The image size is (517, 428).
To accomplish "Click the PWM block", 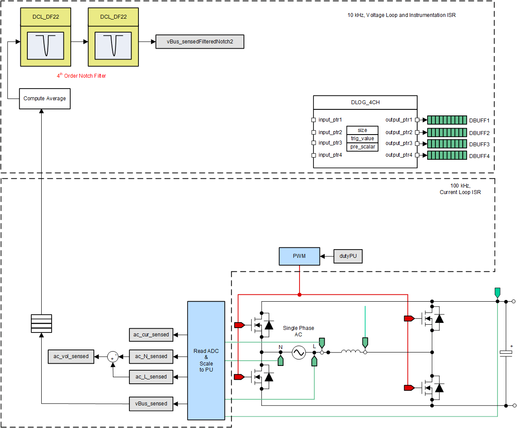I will [299, 256].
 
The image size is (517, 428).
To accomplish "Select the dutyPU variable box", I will [348, 256].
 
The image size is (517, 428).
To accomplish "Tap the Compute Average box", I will [45, 99].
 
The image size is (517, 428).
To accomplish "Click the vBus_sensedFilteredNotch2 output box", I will [200, 42].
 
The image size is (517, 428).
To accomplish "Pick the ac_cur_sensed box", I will [151, 335].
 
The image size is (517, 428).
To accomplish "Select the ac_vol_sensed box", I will [71, 356].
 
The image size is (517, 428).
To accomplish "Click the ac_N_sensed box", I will [151, 356].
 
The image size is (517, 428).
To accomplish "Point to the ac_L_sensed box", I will [151, 377].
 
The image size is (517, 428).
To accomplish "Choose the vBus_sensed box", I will [151, 404].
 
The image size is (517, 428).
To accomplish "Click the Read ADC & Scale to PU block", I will [206, 360].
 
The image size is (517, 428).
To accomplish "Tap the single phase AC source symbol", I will [299, 352].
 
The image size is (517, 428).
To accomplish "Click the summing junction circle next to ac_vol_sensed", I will [113, 356].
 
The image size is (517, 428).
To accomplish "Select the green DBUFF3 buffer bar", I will [447, 144].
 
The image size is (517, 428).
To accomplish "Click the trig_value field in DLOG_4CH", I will [362, 138].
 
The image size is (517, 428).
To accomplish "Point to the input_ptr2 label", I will [330, 132].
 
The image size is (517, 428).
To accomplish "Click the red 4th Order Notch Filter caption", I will [81, 76].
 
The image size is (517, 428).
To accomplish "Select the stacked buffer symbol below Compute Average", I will [41, 323].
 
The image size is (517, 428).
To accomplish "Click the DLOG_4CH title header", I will [365, 103].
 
